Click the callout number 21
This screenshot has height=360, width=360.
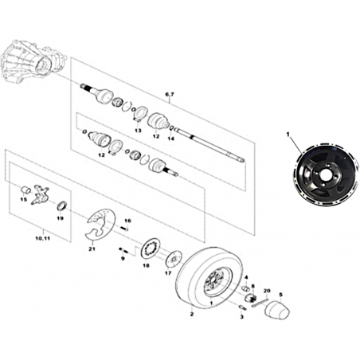tap(92, 248)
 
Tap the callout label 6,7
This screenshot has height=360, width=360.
tap(169, 94)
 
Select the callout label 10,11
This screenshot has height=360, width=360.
tap(42, 238)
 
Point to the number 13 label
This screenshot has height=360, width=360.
tap(138, 131)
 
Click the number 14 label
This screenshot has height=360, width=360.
tap(171, 139)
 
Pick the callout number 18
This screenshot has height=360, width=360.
tap(146, 265)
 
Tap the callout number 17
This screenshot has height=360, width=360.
tap(168, 273)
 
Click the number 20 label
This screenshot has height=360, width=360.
tap(267, 291)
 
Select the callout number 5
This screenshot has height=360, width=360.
tap(281, 294)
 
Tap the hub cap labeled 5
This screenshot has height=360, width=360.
tap(278, 309)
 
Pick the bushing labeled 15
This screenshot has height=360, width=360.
tap(25, 190)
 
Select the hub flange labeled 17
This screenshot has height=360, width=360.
tap(174, 259)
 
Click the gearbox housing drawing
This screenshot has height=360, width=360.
tap(33, 61)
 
